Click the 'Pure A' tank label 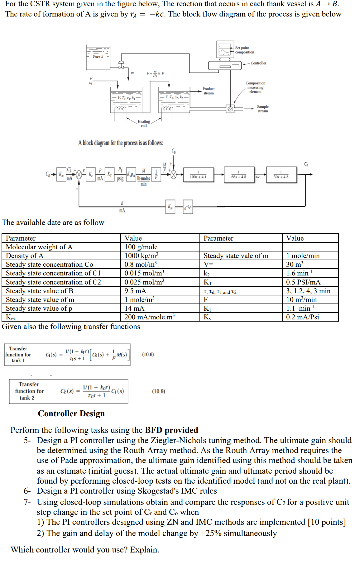click(98, 56)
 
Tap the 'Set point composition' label click(244, 50)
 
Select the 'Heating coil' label click(144, 123)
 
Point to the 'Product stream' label click(209, 91)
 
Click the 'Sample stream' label click(263, 109)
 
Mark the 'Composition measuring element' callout click(255, 87)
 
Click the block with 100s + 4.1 click(198, 175)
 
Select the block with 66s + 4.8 click(239, 175)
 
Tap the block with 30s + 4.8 click(281, 175)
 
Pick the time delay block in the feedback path click(188, 207)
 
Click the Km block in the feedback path click(170, 207)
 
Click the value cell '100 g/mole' click(141, 247)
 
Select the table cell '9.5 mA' click(135, 291)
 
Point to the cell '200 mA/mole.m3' click(150, 317)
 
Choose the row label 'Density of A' click(25, 256)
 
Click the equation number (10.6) click(148, 354)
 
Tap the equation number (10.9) click(158, 391)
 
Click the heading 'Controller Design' click(71, 414)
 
